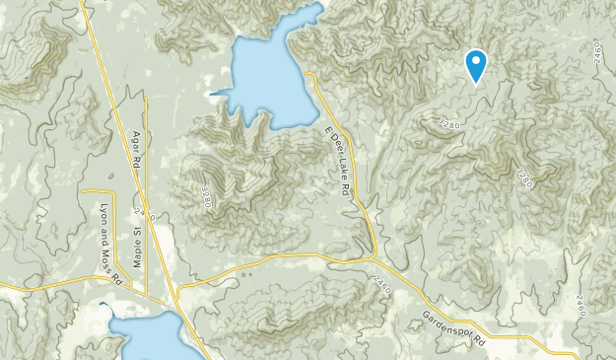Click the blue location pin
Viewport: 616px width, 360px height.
476,65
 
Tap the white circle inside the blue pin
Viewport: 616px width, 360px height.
476,61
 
